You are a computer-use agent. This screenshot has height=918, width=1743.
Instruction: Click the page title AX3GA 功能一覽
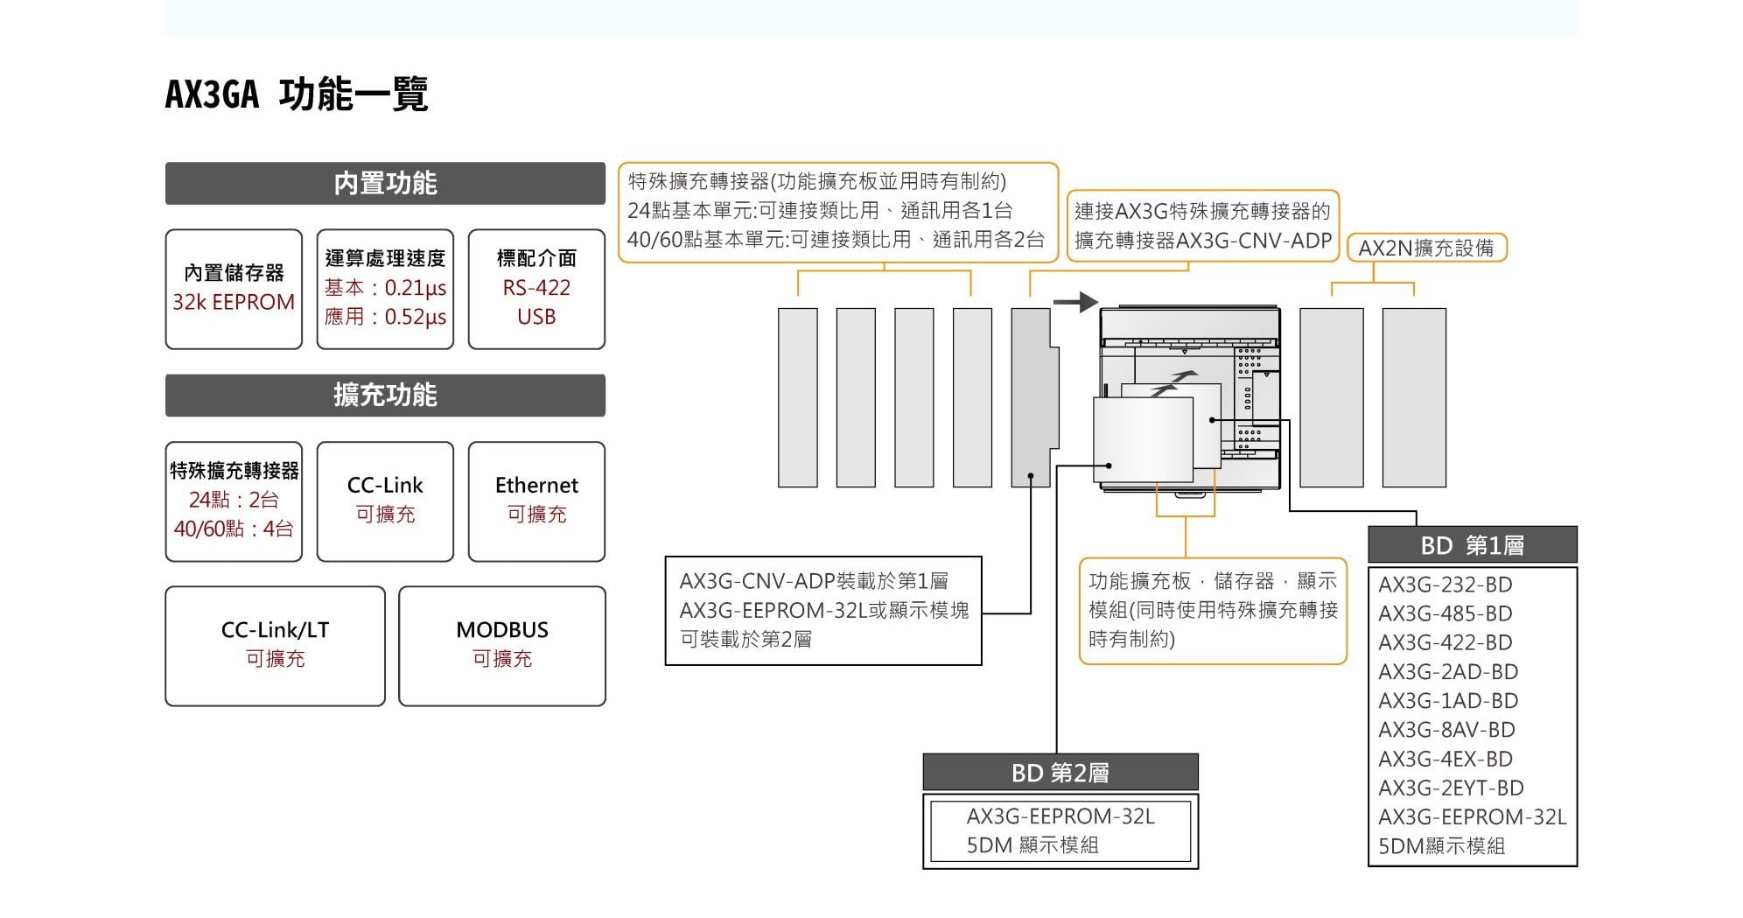pyautogui.click(x=296, y=95)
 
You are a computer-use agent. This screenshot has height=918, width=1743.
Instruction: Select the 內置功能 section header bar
pyautogui.click(x=385, y=183)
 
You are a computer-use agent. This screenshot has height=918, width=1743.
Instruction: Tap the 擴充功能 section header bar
pyautogui.click(x=385, y=396)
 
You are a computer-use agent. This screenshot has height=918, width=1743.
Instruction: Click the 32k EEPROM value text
pyautogui.click(x=234, y=303)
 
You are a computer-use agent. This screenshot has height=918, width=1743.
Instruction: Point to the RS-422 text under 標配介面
pyautogui.click(x=536, y=288)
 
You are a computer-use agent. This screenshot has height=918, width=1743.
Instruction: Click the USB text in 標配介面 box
pyautogui.click(x=536, y=317)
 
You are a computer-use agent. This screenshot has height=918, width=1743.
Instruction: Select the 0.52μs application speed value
pyautogui.click(x=415, y=317)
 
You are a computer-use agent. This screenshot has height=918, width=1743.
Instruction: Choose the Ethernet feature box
pyautogui.click(x=536, y=501)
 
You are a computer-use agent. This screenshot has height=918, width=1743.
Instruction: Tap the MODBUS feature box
pyautogui.click(x=501, y=646)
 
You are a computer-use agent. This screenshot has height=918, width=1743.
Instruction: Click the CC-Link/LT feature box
pyautogui.click(x=275, y=646)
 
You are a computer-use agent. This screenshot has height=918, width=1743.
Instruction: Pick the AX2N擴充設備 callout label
pyautogui.click(x=1426, y=249)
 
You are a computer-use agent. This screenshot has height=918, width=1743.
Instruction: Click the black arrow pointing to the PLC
pyautogui.click(x=1075, y=302)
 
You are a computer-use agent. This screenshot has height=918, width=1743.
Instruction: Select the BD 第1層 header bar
pyautogui.click(x=1472, y=545)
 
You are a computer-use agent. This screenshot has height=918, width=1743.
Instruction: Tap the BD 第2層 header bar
pyautogui.click(x=1060, y=773)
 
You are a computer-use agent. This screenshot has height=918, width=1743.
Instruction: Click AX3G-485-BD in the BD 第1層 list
pyautogui.click(x=1445, y=613)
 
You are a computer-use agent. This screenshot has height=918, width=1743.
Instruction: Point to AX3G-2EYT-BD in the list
pyautogui.click(x=1451, y=788)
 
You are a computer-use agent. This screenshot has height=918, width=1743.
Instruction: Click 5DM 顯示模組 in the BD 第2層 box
pyautogui.click(x=1032, y=845)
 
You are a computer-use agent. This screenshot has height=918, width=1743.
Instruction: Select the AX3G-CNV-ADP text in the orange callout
pyautogui.click(x=1254, y=241)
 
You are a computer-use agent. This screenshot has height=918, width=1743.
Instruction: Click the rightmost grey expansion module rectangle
pyautogui.click(x=1414, y=397)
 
